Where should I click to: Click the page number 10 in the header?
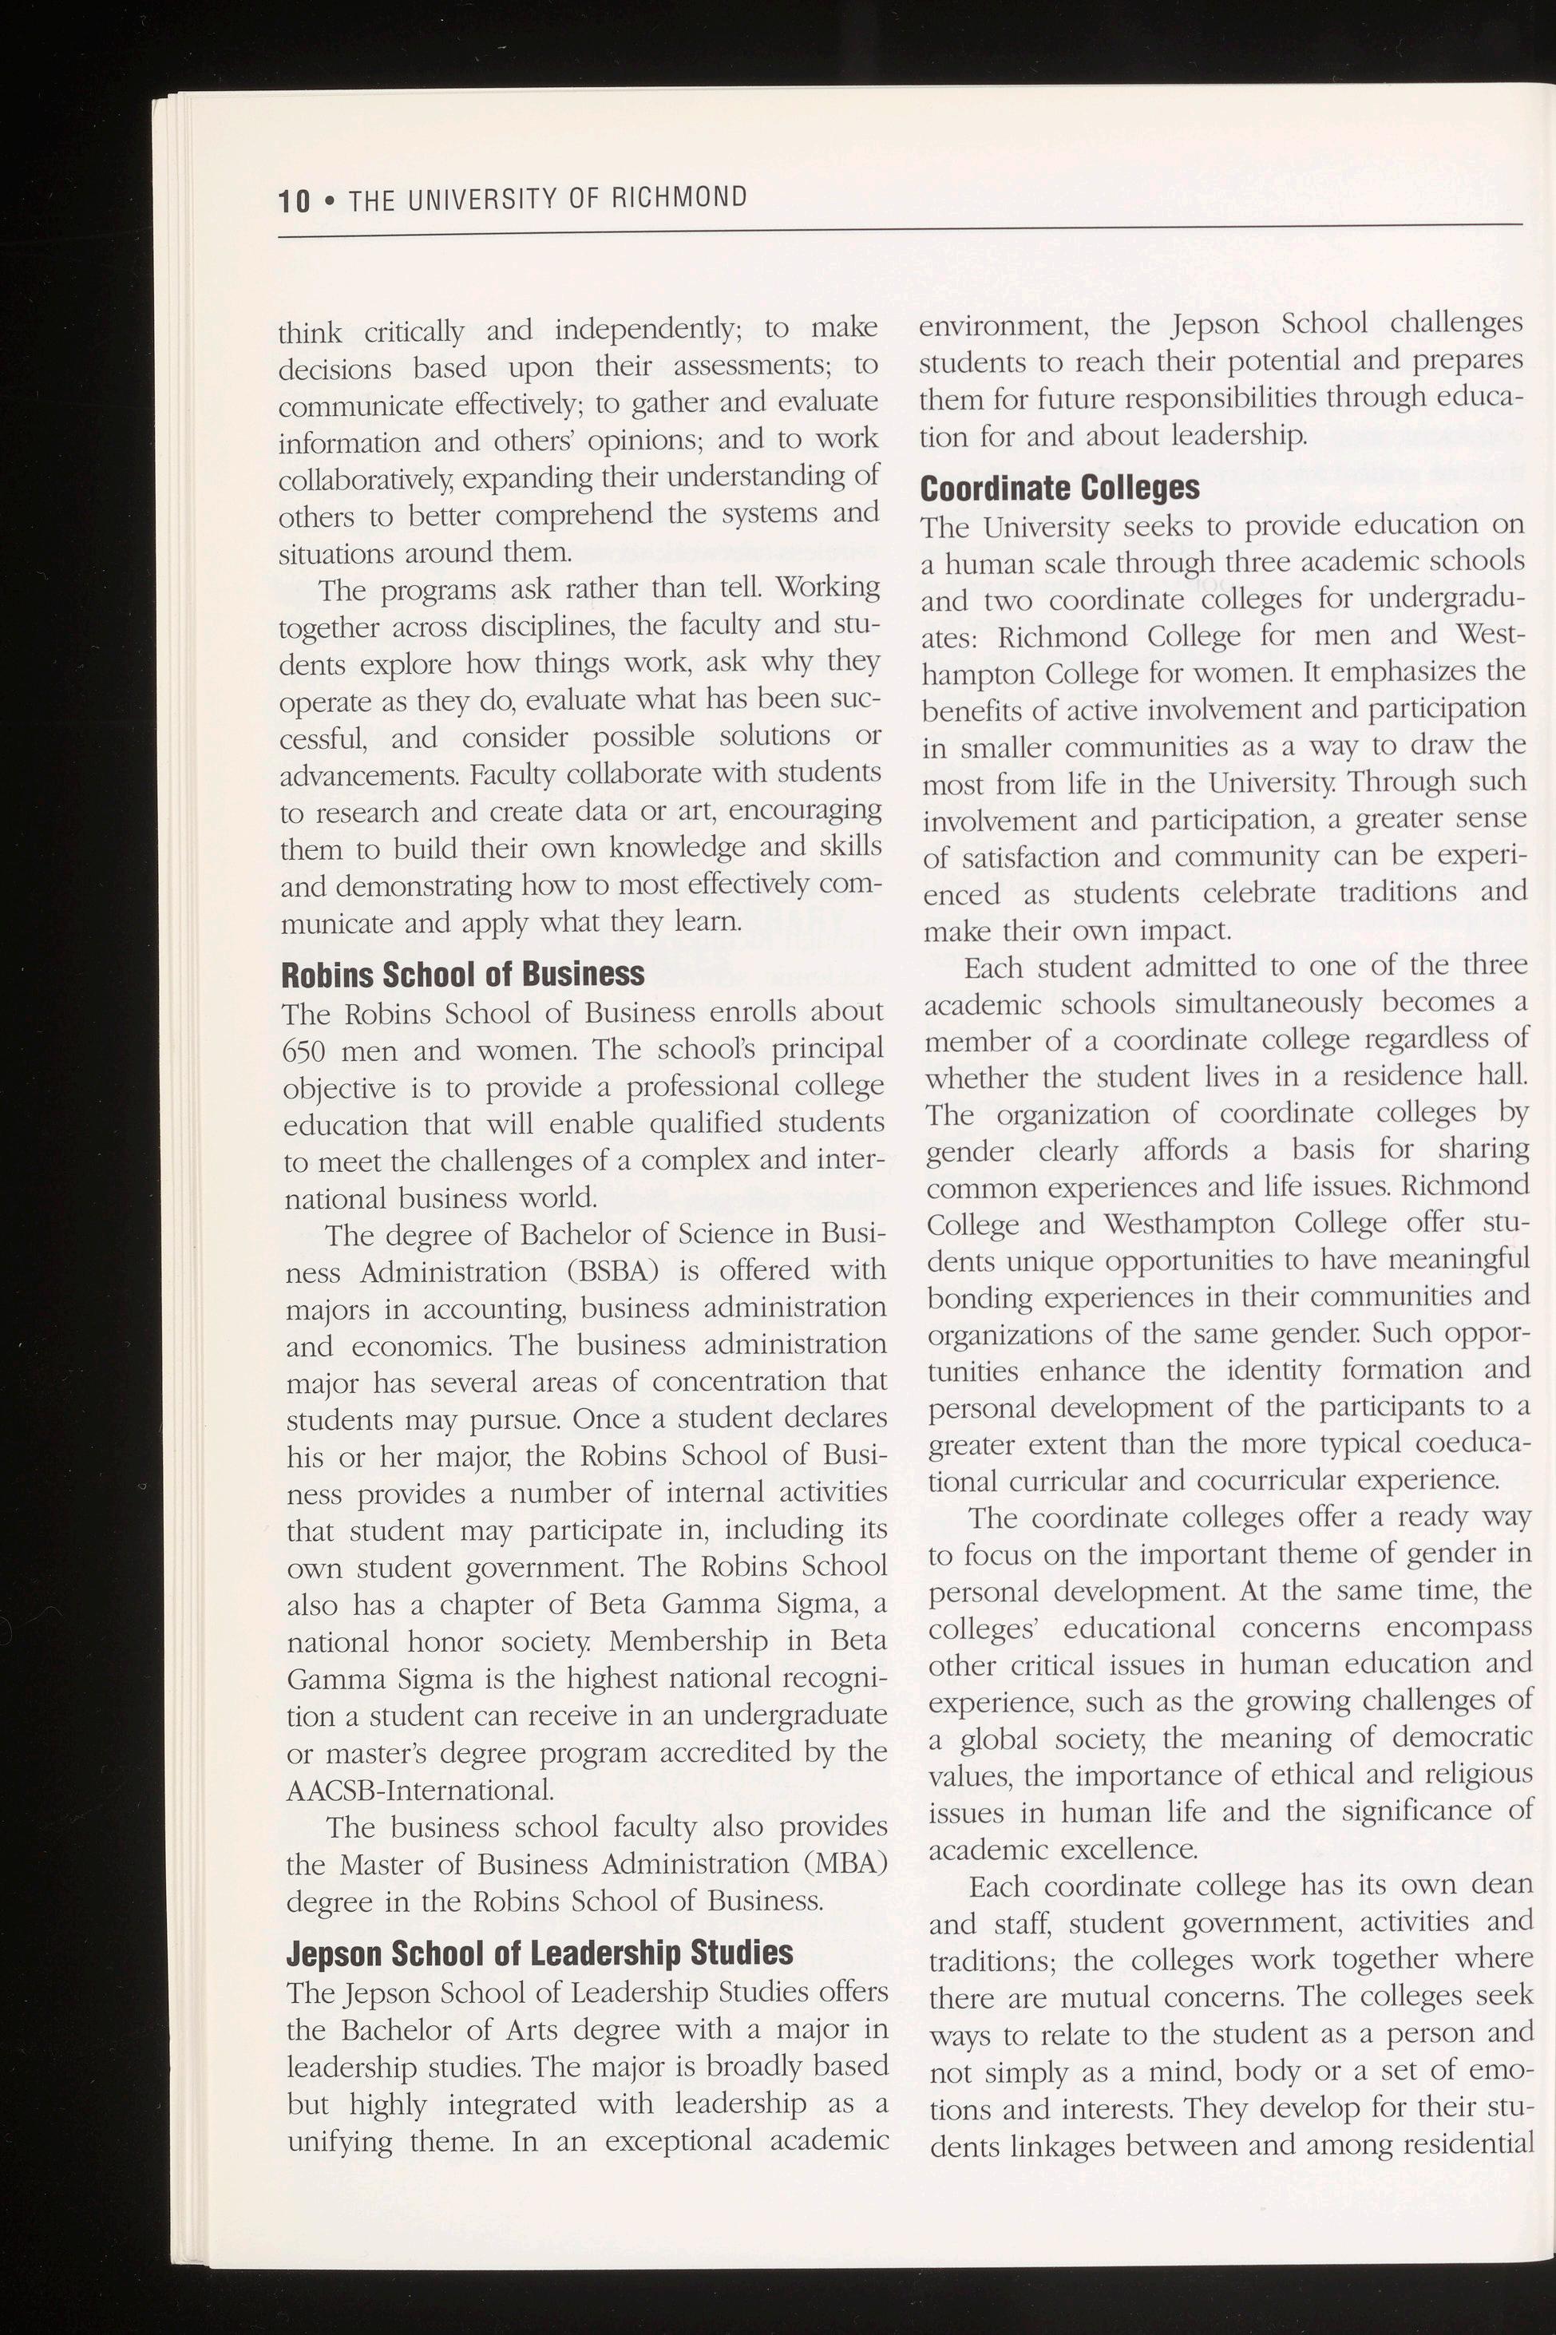pos(295,201)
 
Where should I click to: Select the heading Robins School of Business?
pos(463,975)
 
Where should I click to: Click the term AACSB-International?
pos(419,1791)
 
